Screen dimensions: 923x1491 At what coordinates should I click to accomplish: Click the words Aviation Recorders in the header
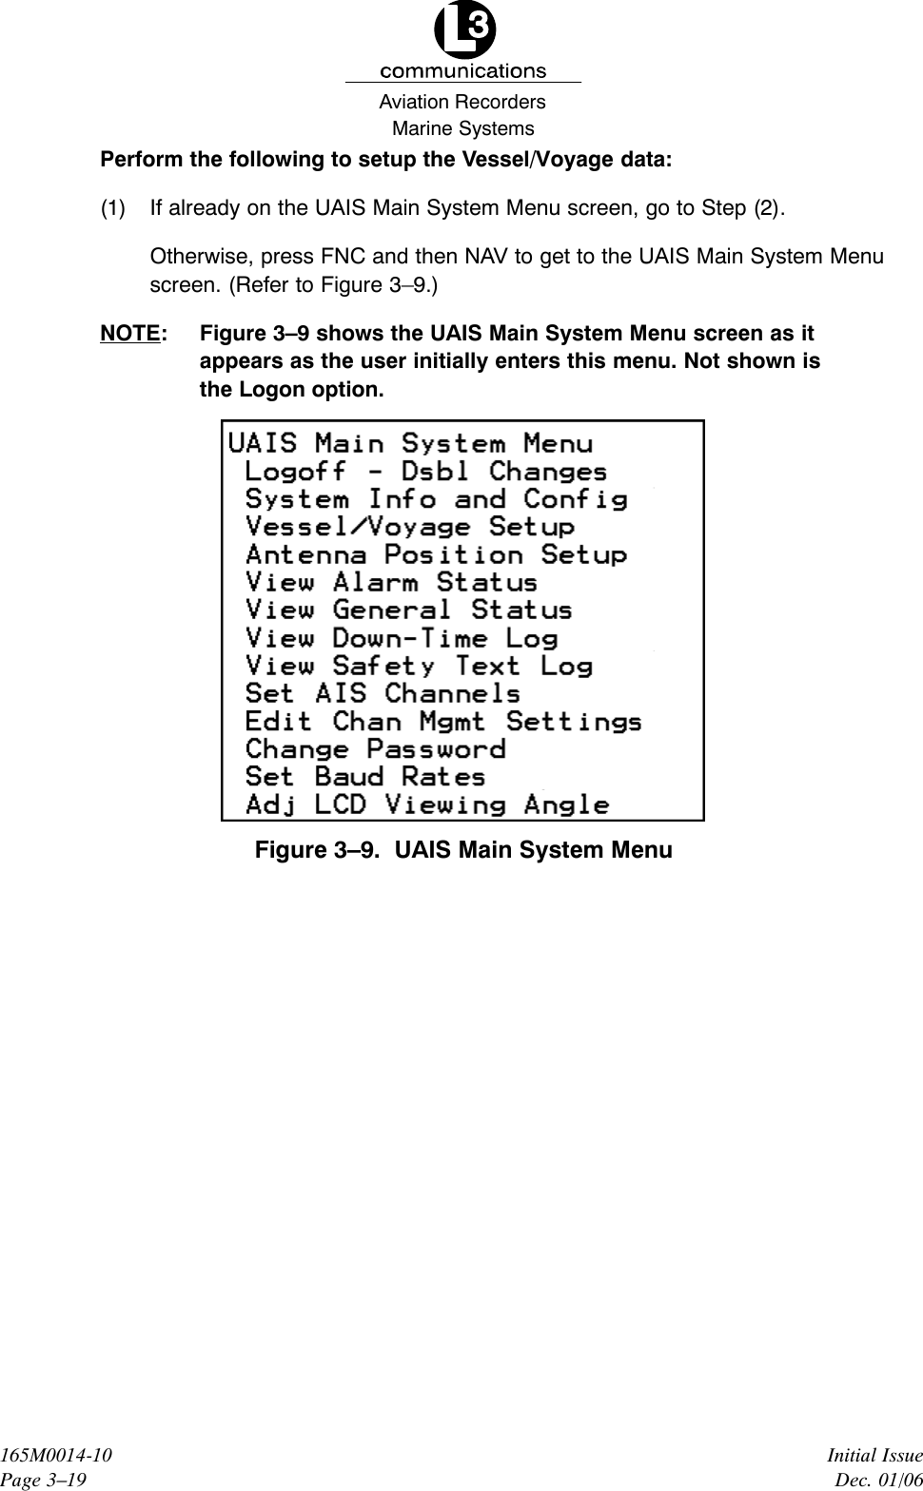(x=462, y=102)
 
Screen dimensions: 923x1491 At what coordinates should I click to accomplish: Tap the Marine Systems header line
(x=463, y=128)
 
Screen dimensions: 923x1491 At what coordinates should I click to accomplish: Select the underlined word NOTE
(x=129, y=334)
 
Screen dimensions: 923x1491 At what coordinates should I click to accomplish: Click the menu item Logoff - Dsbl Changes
(x=425, y=472)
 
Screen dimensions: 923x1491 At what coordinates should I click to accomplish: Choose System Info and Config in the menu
(x=436, y=499)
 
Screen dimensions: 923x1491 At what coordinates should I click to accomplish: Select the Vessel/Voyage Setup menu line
(x=409, y=527)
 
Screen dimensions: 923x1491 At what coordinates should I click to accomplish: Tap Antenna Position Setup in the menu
(x=436, y=554)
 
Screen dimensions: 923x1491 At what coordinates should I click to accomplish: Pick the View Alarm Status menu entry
(x=391, y=582)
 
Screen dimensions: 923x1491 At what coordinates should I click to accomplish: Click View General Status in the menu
(x=408, y=610)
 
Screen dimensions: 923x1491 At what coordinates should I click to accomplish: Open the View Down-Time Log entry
(x=401, y=638)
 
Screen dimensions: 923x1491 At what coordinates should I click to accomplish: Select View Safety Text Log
(x=419, y=666)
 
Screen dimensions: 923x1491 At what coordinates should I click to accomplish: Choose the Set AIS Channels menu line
(x=383, y=693)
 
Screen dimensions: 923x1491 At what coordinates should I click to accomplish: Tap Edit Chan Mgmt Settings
(x=443, y=722)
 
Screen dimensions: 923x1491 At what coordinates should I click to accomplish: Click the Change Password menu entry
(x=375, y=749)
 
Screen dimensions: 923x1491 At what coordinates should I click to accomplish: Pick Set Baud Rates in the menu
(x=365, y=777)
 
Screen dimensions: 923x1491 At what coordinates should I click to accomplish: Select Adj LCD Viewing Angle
(x=427, y=804)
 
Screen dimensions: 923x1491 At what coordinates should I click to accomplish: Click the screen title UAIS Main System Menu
(x=410, y=443)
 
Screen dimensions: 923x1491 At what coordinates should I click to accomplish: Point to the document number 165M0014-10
(x=55, y=1456)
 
